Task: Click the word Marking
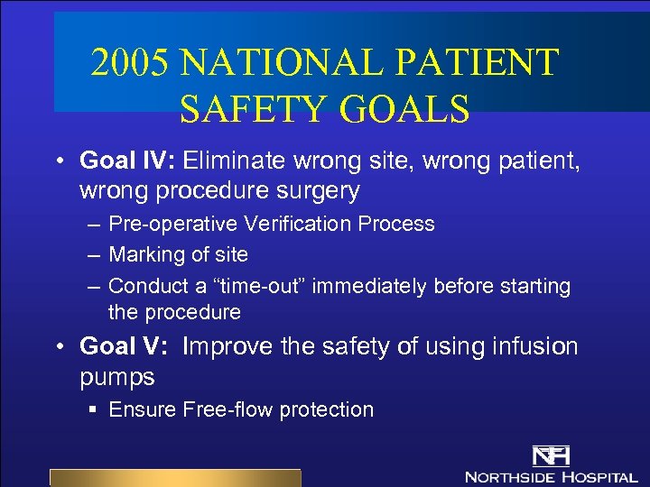[142, 255]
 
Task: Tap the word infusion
[526, 346]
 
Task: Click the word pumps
[116, 376]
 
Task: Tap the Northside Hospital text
[551, 475]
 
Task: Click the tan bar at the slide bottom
[174, 477]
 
